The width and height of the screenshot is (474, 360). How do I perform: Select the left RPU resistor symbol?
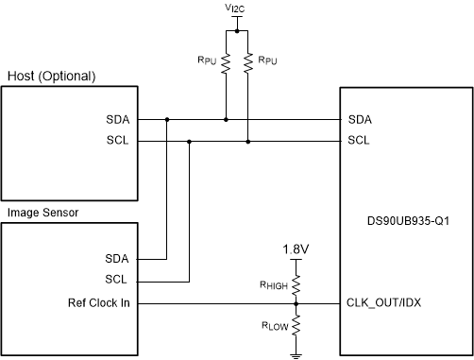(226, 64)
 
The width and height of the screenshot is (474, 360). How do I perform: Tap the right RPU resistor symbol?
(247, 64)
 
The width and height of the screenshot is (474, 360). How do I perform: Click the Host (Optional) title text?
(52, 76)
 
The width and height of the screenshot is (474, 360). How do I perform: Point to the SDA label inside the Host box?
(120, 120)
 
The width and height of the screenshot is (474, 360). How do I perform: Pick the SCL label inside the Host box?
(120, 142)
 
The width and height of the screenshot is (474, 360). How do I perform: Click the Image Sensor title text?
(42, 213)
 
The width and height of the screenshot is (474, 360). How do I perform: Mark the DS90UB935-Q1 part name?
(406, 224)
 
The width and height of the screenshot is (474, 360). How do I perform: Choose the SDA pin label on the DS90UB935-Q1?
(360, 120)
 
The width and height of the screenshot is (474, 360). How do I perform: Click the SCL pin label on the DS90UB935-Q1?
(360, 142)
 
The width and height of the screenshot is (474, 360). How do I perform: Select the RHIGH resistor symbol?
(296, 283)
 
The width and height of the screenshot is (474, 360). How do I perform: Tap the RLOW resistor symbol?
(296, 326)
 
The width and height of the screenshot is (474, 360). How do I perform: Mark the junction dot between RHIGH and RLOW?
(296, 304)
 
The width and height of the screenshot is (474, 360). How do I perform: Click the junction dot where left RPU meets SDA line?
(226, 120)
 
